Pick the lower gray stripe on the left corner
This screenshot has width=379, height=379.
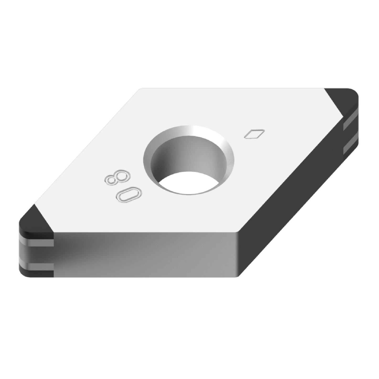[x=37, y=267]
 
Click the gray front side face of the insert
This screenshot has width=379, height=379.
[x=147, y=254]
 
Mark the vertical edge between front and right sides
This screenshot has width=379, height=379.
[x=238, y=254]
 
